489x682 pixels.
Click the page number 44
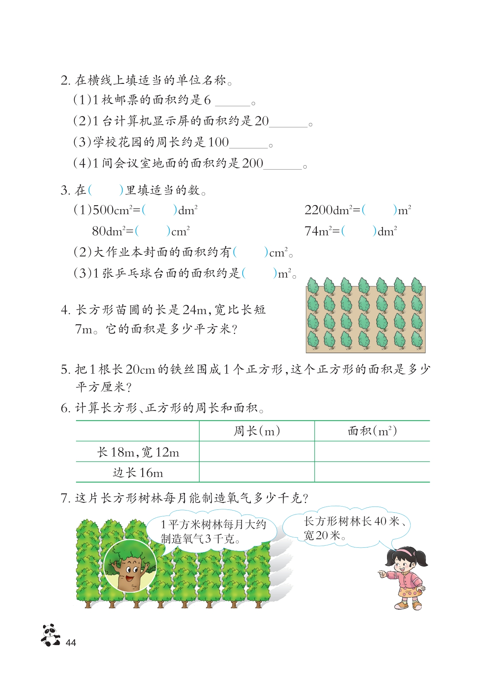[x=71, y=643]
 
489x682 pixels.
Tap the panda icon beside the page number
[x=50, y=635]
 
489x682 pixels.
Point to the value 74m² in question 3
[x=319, y=231]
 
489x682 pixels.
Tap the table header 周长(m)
[x=256, y=431]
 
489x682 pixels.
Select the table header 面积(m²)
[x=372, y=431]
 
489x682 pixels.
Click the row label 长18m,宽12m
[x=138, y=452]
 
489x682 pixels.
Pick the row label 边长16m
[x=138, y=473]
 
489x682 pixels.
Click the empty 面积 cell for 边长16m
[x=372, y=472]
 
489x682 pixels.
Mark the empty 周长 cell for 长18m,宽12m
[x=256, y=452]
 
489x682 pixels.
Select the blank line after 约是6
[x=233, y=103]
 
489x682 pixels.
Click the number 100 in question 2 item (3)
[x=218, y=142]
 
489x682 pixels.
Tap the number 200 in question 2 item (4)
[x=252, y=164]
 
